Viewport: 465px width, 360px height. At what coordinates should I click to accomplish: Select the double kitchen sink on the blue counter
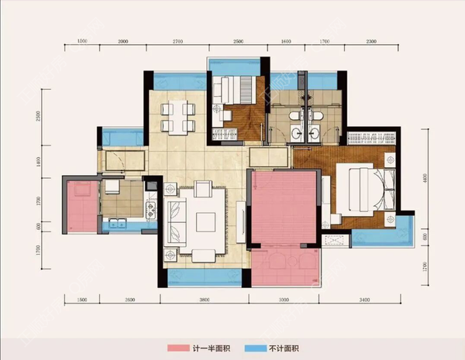tap(118, 225)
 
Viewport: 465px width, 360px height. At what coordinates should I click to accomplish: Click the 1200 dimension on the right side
tap(424, 266)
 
